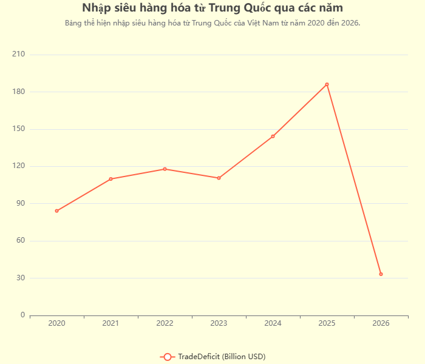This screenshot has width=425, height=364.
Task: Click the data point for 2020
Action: coord(56,211)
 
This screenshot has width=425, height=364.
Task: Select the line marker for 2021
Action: coord(110,179)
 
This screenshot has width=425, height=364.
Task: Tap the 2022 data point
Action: coord(165,169)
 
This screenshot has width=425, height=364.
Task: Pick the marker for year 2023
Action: coord(219,178)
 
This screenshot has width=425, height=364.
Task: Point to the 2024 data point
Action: coord(273,136)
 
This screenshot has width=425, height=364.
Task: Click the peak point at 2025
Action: coord(327,84)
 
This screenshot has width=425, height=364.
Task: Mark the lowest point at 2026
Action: coord(381,274)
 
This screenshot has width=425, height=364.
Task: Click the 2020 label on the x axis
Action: coord(56,323)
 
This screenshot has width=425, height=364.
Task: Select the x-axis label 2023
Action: coord(219,323)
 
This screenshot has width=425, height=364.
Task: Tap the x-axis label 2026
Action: coord(381,323)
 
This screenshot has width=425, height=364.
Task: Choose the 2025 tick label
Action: coord(327,323)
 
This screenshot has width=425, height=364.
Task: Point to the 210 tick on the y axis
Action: coord(18,55)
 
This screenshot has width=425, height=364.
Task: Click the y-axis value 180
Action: coord(18,92)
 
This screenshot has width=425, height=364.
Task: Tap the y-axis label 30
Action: coord(20,278)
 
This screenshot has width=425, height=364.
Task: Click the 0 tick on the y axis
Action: coord(22,315)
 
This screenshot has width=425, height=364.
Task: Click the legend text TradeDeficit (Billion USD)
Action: coord(222,356)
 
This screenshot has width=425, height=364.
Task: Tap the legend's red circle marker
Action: coord(168,356)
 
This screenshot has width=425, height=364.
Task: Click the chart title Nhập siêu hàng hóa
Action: coord(212,8)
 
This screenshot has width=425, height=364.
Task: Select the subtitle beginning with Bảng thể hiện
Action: coord(212,23)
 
